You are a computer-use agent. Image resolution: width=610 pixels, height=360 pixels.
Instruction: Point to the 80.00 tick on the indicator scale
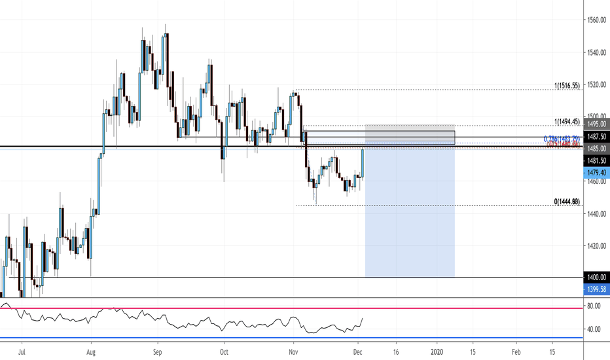pos(594,306)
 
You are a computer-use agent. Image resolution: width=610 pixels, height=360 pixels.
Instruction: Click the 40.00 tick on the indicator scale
pos(594,329)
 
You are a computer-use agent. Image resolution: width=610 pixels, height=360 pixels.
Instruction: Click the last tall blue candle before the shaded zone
pos(363,162)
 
